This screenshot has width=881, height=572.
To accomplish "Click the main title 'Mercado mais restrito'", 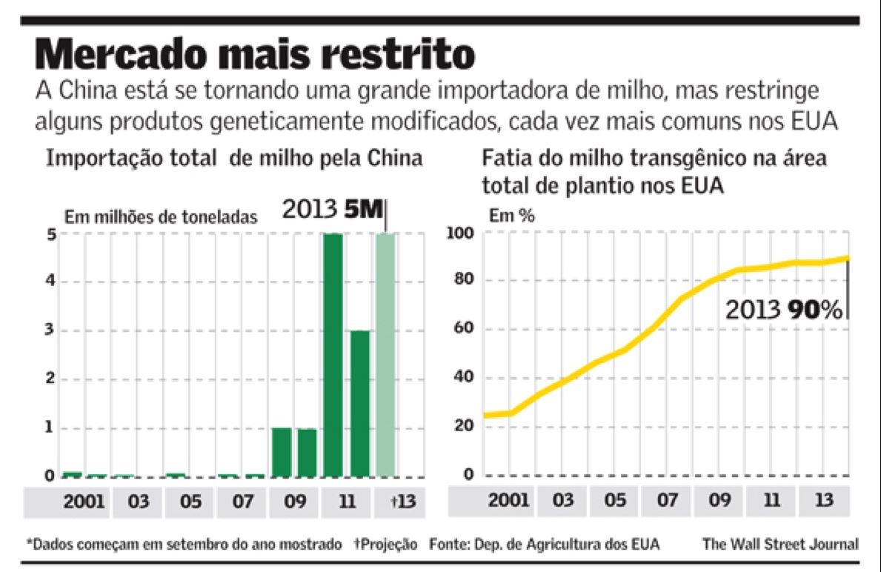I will pyautogui.click(x=253, y=56).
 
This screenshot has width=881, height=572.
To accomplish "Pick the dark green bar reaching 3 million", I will pyautogui.click(x=359, y=403).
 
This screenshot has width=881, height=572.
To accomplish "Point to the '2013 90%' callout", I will pyautogui.click(x=783, y=310).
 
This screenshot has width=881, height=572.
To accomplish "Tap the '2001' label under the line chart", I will pyautogui.click(x=509, y=500).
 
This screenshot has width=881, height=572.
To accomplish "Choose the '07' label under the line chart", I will pyautogui.click(x=667, y=500).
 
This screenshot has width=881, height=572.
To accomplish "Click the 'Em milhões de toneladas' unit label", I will pyautogui.click(x=161, y=217).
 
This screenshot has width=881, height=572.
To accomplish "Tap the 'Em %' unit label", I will pyautogui.click(x=511, y=216).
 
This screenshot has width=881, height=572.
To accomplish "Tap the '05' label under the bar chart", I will pyautogui.click(x=190, y=502).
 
